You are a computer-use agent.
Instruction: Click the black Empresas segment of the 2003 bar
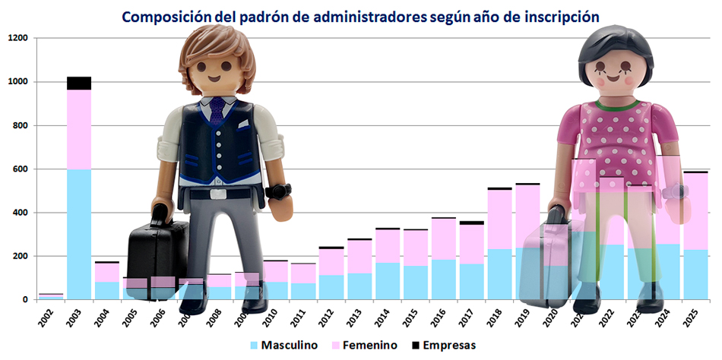(79, 83)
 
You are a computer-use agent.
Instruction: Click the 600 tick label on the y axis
(19, 169)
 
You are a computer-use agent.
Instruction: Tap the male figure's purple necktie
(218, 111)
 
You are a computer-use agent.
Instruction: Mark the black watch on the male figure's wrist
(279, 191)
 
